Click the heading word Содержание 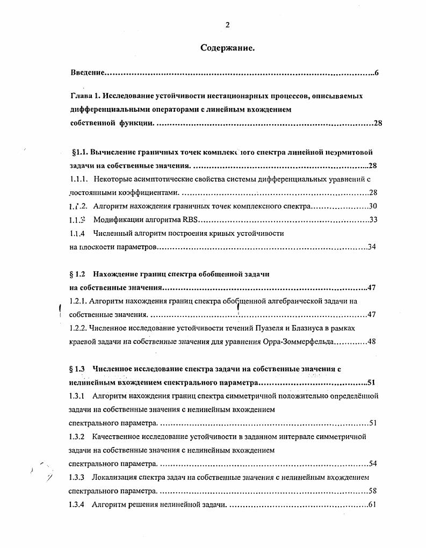click(227, 48)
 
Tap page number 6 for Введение click(377, 72)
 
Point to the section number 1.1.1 click(78, 179)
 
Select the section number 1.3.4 click(78, 504)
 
